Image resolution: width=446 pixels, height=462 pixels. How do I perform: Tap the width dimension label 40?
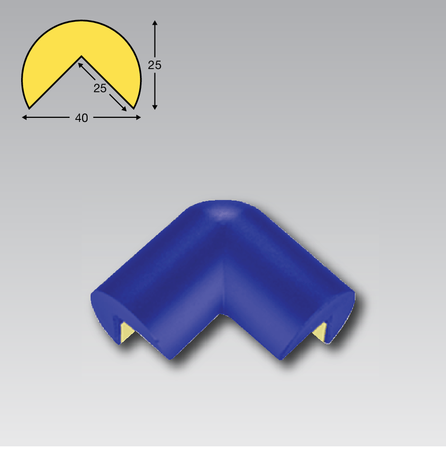tap(82, 118)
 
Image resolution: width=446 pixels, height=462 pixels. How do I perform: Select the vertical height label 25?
tap(155, 65)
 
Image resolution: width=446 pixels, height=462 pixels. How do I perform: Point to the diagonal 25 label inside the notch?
tap(100, 88)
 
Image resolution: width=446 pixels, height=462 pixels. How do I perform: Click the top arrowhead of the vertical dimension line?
tap(155, 23)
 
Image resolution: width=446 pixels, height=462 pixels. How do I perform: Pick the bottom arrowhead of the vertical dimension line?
tap(155, 107)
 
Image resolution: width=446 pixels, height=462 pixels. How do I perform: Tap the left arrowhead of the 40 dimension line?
tap(25, 117)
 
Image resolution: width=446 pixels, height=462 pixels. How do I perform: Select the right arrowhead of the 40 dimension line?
tap(138, 117)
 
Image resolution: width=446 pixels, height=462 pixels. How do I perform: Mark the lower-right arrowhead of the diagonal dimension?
tap(124, 108)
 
